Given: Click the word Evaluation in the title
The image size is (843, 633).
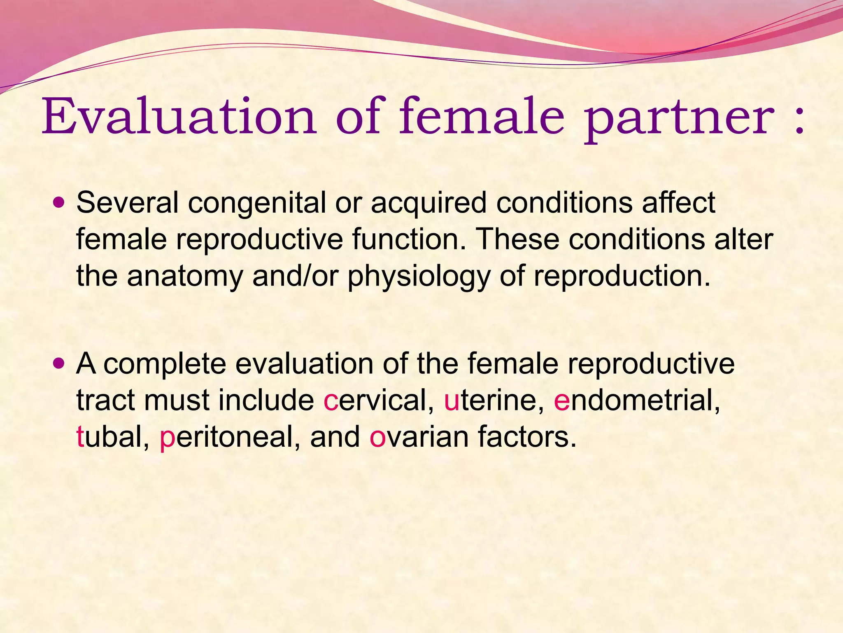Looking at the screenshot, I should tap(179, 117).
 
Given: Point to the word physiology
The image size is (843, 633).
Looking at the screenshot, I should tap(418, 277).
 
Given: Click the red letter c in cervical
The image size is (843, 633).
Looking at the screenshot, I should tap(331, 401).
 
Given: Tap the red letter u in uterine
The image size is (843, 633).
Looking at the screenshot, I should tap(451, 401).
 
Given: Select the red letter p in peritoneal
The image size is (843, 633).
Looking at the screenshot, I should tap(168, 439).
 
